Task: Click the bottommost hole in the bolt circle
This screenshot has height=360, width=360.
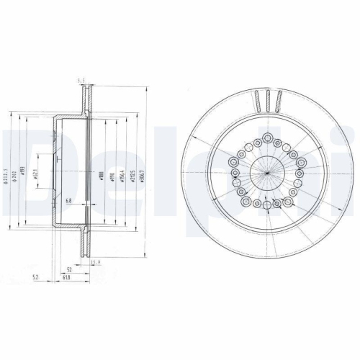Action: pyautogui.click(x=267, y=207)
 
